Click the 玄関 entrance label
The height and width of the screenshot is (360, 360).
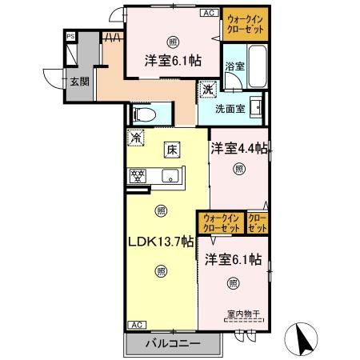(x=78, y=81)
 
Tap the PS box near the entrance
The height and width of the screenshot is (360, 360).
(x=70, y=36)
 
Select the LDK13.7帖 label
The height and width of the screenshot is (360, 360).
(x=160, y=241)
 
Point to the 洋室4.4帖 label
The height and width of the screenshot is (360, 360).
(x=238, y=148)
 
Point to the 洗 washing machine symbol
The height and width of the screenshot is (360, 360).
(x=208, y=90)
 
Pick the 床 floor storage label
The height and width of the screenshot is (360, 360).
(x=171, y=148)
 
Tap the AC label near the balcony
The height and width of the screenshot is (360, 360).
(x=136, y=325)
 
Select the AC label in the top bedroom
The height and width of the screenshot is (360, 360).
(x=207, y=13)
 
